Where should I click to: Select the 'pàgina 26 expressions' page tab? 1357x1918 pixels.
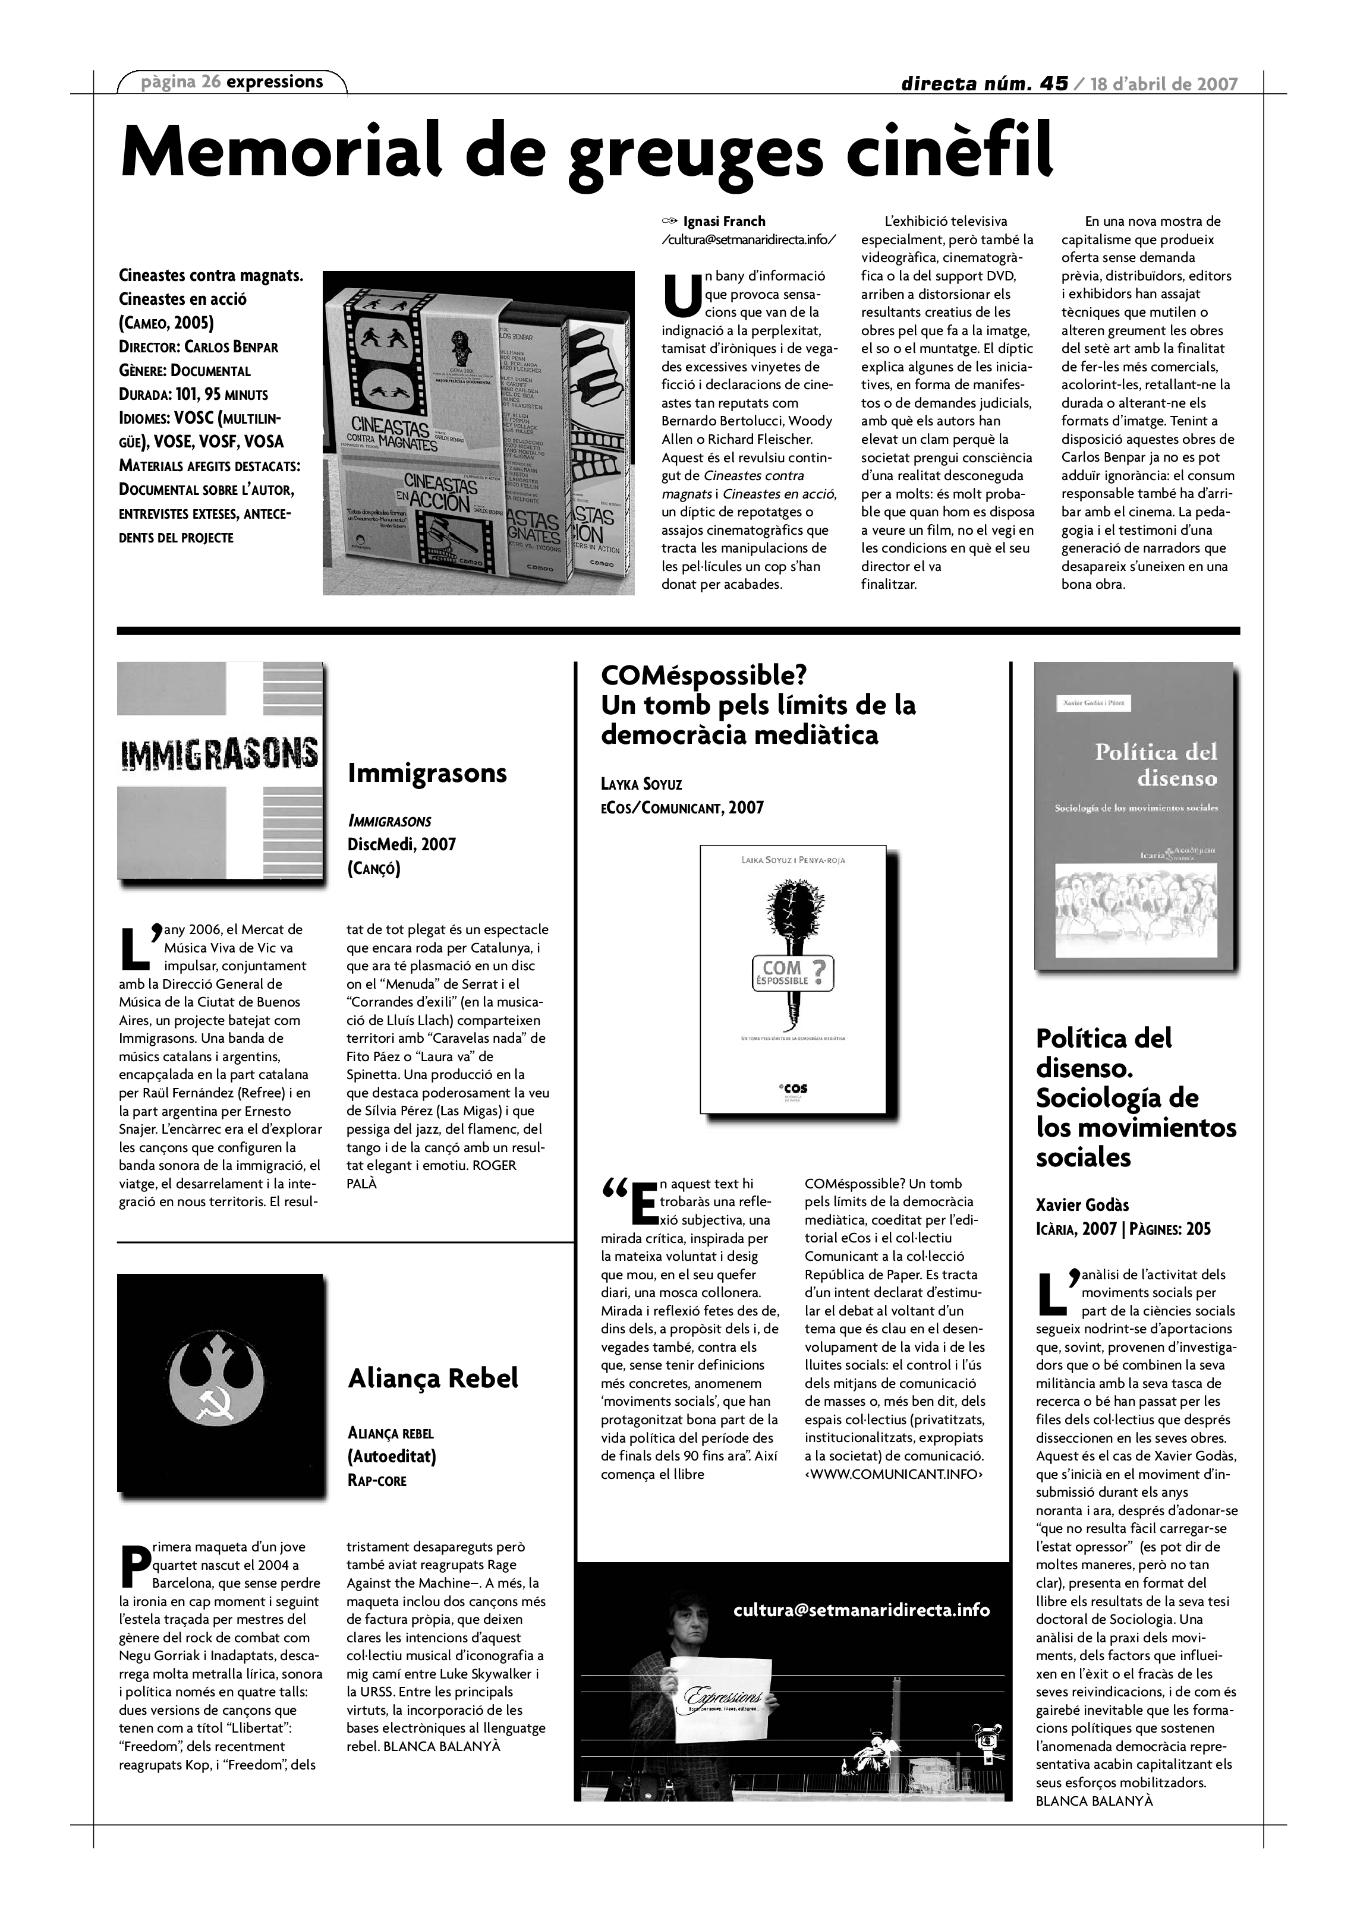232,82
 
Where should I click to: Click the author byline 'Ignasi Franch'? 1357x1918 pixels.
723,222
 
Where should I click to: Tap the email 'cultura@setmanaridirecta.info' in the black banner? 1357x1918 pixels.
861,1610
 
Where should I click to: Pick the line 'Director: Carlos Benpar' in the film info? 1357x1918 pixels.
198,346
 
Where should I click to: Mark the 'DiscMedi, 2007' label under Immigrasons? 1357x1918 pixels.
401,844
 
